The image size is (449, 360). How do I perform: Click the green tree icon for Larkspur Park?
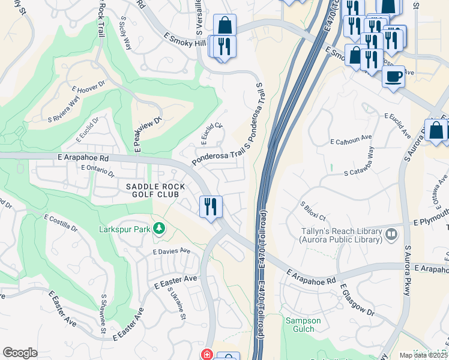(x=158, y=228)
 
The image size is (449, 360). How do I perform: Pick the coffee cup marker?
(x=393, y=77)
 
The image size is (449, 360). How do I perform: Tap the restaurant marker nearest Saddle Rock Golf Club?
(x=211, y=207)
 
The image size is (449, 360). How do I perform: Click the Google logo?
(x=20, y=353)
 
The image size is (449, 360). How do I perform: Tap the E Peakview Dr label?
(x=148, y=133)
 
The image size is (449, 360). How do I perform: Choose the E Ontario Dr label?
(x=97, y=172)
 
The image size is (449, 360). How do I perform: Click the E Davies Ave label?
(x=171, y=251)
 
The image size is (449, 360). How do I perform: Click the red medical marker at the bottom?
(x=207, y=355)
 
